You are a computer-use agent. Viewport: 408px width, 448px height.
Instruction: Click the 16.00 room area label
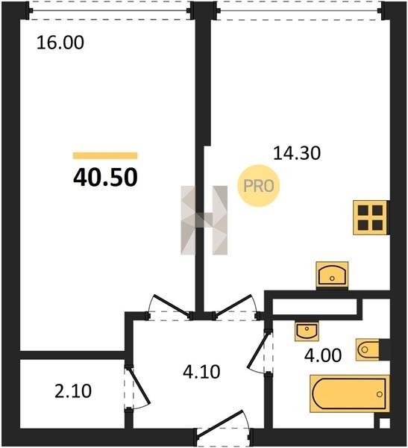pyautogui.click(x=60, y=43)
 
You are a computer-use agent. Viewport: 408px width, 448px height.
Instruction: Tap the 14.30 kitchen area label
pyautogui.click(x=297, y=153)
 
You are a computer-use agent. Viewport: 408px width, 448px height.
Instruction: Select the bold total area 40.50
pyautogui.click(x=105, y=178)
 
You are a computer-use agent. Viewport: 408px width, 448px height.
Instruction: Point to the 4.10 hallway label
pyautogui.click(x=201, y=372)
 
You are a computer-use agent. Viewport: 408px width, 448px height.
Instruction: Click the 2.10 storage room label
pyautogui.click(x=73, y=391)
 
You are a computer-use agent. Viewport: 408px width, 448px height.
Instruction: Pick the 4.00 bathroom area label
pyautogui.click(x=323, y=355)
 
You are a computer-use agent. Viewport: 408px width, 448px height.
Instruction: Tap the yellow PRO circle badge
pyautogui.click(x=259, y=186)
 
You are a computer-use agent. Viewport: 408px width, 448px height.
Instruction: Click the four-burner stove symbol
pyautogui.click(x=370, y=217)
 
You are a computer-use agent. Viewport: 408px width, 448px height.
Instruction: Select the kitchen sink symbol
pyautogui.click(x=332, y=274)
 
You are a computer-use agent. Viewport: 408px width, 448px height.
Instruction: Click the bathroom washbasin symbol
pyautogui.click(x=307, y=331)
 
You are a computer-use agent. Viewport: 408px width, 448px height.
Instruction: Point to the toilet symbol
pyautogui.click(x=368, y=349)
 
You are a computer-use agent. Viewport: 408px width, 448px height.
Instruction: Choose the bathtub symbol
pyautogui.click(x=350, y=393)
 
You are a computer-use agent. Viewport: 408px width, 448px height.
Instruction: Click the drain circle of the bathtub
pyautogui.click(x=380, y=394)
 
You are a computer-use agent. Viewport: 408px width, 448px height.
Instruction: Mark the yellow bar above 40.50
pyautogui.click(x=105, y=155)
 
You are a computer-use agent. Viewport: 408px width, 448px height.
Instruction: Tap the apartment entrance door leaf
pyautogui.click(x=220, y=423)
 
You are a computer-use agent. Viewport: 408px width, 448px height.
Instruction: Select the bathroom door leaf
pyautogui.click(x=258, y=349)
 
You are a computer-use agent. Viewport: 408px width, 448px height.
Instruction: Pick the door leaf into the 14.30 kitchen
pyautogui.click(x=233, y=305)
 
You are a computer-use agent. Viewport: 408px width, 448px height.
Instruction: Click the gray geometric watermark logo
pyautogui.click(x=204, y=220)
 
